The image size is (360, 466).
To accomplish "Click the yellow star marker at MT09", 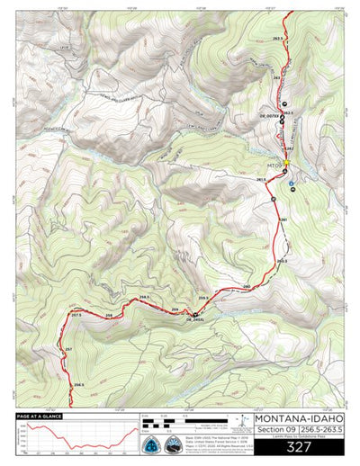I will click(286, 163).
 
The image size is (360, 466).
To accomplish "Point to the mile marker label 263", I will click(278, 79).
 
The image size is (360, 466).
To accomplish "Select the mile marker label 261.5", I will click(261, 180).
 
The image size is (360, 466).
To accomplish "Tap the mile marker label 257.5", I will click(76, 315).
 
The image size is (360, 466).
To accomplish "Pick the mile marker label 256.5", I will click(79, 384).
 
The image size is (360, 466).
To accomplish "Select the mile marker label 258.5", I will click(144, 297).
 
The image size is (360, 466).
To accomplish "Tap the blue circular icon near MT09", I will click(291, 188).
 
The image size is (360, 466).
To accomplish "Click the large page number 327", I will click(297, 446).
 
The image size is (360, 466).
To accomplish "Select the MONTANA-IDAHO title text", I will click(297, 418).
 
